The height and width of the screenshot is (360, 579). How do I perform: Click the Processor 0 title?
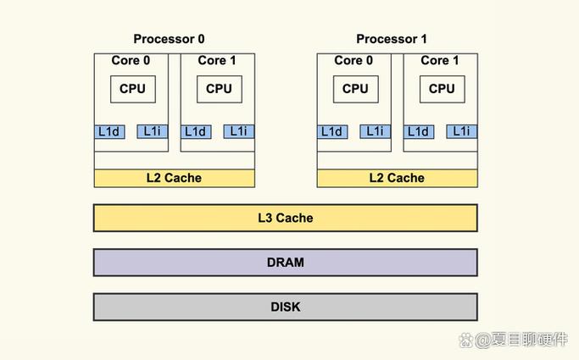pyautogui.click(x=169, y=39)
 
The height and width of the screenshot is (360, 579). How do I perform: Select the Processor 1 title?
pyautogui.click(x=392, y=39)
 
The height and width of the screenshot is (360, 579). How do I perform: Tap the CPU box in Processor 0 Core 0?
pyautogui.click(x=132, y=88)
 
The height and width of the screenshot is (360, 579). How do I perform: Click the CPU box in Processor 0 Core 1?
pyautogui.click(x=219, y=88)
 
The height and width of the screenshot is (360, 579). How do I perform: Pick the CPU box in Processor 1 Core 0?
pyautogui.click(x=355, y=88)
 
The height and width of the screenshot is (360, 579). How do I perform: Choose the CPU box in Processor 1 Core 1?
pyautogui.click(x=442, y=88)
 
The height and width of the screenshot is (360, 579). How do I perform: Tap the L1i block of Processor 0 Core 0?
pyautogui.click(x=152, y=131)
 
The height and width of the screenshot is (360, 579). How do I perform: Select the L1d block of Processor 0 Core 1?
pyautogui.click(x=195, y=131)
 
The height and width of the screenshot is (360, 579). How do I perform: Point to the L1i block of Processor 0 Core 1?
pyautogui.click(x=238, y=131)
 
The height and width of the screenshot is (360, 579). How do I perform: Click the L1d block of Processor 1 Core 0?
pyautogui.click(x=332, y=131)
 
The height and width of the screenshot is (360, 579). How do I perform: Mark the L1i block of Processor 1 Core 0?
pyautogui.click(x=375, y=131)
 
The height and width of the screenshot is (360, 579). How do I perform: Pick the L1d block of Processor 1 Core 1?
pyautogui.click(x=419, y=131)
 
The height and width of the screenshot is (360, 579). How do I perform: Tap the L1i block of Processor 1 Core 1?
pyautogui.click(x=461, y=131)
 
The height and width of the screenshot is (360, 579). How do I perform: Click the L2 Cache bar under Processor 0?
pyautogui.click(x=174, y=178)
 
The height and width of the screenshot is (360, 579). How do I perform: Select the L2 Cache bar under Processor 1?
pyautogui.click(x=397, y=178)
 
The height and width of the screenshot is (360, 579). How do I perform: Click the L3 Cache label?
pyautogui.click(x=285, y=218)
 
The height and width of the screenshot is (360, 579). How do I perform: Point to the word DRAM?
pyautogui.click(x=285, y=263)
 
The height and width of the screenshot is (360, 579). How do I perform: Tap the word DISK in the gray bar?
pyautogui.click(x=285, y=307)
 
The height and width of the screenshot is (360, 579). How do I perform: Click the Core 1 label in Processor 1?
pyautogui.click(x=440, y=60)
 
